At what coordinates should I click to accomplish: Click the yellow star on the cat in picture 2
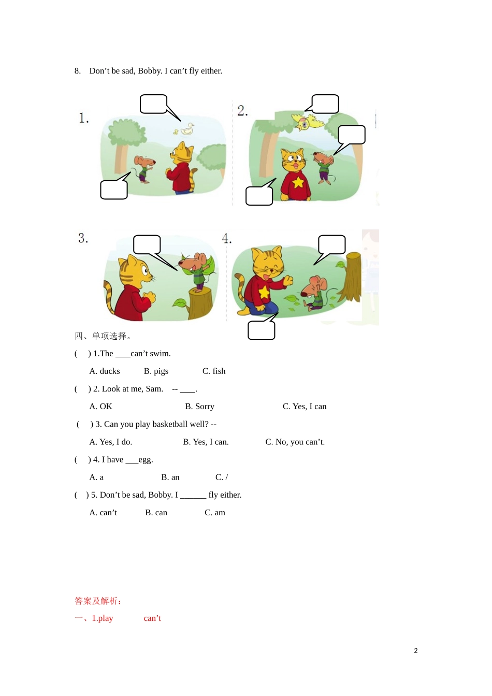(298, 182)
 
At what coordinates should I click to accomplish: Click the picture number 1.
(84, 118)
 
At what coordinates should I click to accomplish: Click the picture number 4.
(227, 238)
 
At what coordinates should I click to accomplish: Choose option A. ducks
(105, 371)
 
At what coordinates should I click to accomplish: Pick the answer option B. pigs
(156, 371)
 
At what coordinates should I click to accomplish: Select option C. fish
(214, 371)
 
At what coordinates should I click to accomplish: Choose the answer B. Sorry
(199, 407)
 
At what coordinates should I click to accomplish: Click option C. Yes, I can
(305, 407)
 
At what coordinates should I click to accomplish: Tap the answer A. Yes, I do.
(111, 442)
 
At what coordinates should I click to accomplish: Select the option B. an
(170, 477)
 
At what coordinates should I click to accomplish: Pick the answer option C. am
(215, 513)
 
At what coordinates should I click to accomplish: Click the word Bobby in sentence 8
(150, 71)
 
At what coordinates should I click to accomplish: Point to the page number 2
(416, 651)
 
